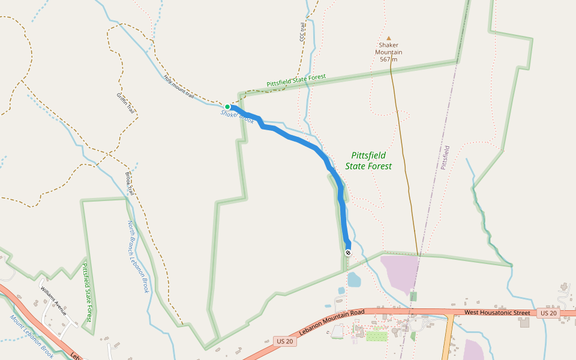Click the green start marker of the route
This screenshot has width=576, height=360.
coord(227,107)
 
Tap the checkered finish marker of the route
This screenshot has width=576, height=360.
coord(348,253)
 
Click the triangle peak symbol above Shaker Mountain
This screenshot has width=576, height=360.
coord(388,38)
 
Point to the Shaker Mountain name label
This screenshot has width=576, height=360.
coord(389,49)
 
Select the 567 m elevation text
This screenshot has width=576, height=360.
coord(389,59)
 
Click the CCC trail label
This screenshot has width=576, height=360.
coord(303,32)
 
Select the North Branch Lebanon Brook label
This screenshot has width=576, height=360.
coord(137,256)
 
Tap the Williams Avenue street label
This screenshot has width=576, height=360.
coord(53,300)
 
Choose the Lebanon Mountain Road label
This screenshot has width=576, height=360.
coord(332,325)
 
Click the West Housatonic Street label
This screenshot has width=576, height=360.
coord(497,313)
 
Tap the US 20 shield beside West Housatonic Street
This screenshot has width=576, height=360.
coord(548,313)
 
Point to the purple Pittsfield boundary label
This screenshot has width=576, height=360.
coord(445,157)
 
